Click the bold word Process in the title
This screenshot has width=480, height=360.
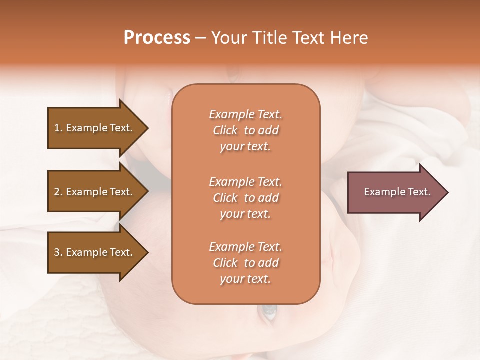coord(157,38)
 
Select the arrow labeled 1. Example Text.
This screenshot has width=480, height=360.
coord(95,128)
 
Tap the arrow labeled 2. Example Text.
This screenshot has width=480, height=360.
coord(95,192)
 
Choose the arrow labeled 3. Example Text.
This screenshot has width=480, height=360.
coord(95,252)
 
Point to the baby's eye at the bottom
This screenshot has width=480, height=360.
coord(269,312)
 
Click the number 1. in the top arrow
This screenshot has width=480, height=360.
coord(58,128)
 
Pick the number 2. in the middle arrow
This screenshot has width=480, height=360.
coord(58,192)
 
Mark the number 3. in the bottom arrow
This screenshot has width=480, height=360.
coord(58,252)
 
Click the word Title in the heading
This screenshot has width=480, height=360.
coord(270,38)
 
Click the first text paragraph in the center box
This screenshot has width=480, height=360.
coord(245,130)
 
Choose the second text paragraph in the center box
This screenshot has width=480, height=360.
coord(245,198)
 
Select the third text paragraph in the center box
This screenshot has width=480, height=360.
coord(245,263)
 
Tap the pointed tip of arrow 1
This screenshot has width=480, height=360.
coord(147,128)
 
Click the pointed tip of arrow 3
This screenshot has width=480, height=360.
coord(147,252)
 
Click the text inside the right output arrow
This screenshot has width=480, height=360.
coord(397,192)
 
